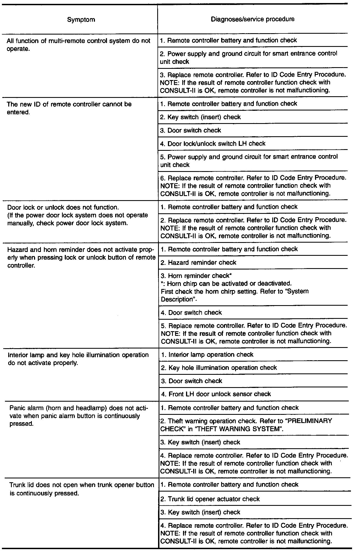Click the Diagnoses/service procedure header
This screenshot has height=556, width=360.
click(252, 19)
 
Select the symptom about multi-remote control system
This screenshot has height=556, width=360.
click(78, 45)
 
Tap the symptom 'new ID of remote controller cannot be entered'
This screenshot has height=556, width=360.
click(69, 108)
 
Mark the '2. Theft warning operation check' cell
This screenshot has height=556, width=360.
click(246, 425)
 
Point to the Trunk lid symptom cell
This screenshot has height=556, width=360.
click(81, 489)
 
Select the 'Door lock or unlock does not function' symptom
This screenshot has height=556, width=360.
click(77, 215)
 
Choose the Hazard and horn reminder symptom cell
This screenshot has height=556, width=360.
click(81, 257)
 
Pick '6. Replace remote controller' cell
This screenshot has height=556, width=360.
click(253, 186)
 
